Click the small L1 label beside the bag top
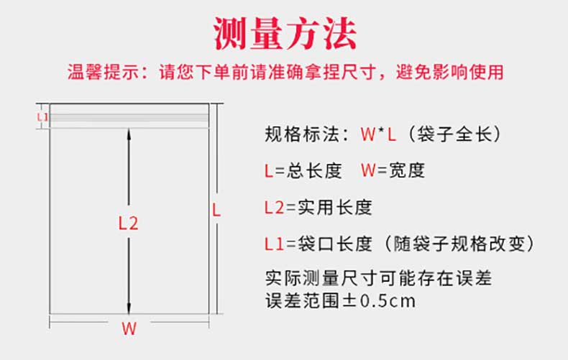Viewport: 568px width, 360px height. click(x=42, y=116)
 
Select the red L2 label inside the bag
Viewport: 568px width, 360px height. click(x=128, y=223)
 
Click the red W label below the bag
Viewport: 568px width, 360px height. click(x=129, y=329)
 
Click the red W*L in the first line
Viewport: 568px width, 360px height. click(x=378, y=134)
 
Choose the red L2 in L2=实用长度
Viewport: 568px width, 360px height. click(x=275, y=208)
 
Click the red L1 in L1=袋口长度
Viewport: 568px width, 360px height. click(x=274, y=244)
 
